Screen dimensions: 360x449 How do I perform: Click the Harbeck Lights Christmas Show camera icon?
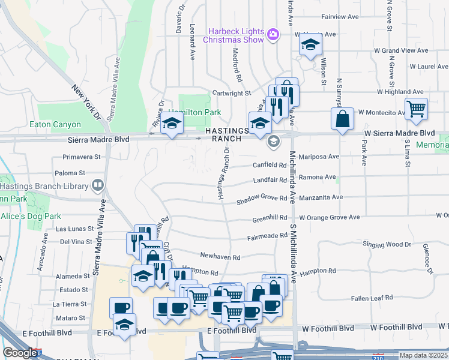[273, 35]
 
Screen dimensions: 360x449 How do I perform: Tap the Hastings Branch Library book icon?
[97, 186]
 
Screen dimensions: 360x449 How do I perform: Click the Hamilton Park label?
[194, 112]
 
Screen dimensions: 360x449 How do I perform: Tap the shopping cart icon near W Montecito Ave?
[415, 109]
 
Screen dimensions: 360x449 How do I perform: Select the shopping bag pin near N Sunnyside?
[342, 119]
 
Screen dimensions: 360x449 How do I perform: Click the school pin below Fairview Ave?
[310, 45]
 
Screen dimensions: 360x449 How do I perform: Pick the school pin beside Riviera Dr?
[172, 124]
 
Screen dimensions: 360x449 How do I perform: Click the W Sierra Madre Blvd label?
[399, 133]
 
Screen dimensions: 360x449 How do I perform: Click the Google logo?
[20, 353]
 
